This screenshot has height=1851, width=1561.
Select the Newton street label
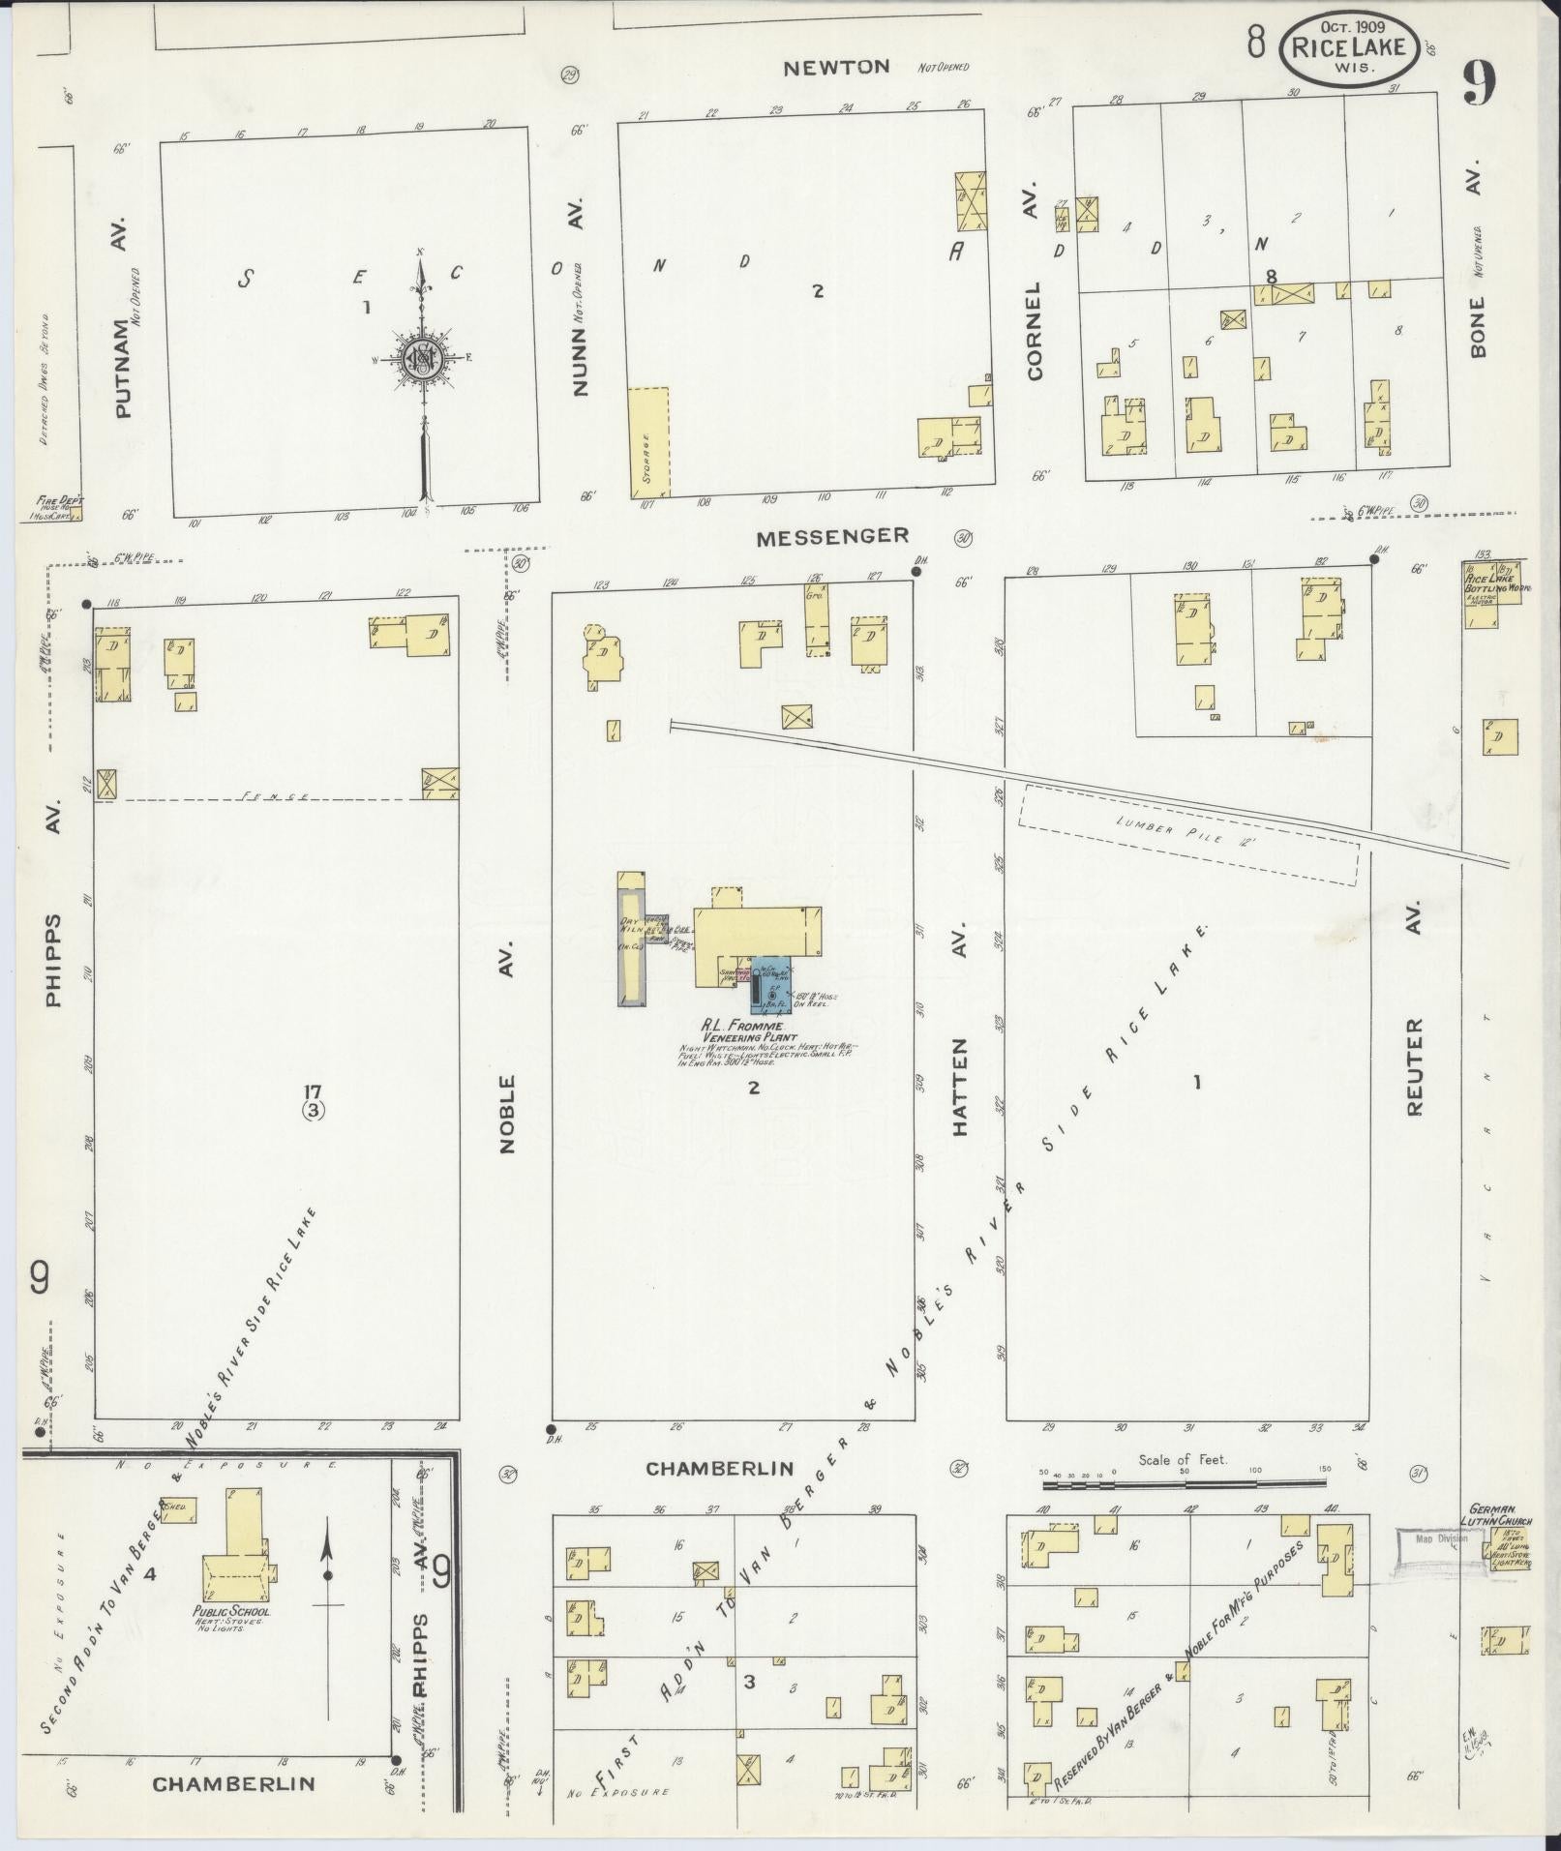(x=836, y=67)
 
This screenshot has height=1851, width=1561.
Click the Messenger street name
(x=832, y=535)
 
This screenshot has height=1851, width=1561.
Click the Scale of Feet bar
(x=1182, y=1509)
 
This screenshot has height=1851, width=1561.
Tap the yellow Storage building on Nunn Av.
(x=648, y=442)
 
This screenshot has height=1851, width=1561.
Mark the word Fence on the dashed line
(x=275, y=795)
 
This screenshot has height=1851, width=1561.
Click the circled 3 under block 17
(x=313, y=1110)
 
